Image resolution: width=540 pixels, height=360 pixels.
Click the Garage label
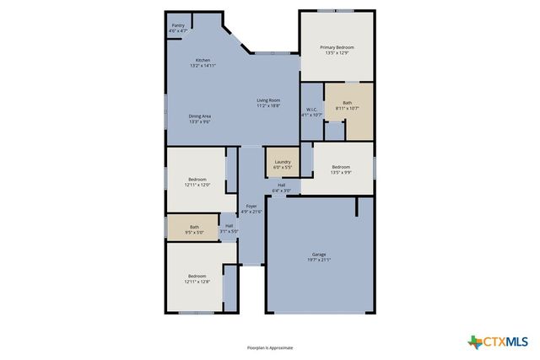319,254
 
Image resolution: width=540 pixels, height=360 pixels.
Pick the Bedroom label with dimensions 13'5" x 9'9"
340,169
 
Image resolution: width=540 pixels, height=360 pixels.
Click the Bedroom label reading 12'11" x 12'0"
197,181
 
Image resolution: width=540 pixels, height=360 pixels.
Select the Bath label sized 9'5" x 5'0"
194,228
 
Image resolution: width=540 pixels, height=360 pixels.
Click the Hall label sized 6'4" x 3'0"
282,187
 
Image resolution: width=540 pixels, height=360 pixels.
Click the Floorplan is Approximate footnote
270,347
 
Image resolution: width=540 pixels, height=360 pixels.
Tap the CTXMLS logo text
505,341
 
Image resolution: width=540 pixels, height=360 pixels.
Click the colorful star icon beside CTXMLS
474,341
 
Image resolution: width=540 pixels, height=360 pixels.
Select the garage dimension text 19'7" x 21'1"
319,260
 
